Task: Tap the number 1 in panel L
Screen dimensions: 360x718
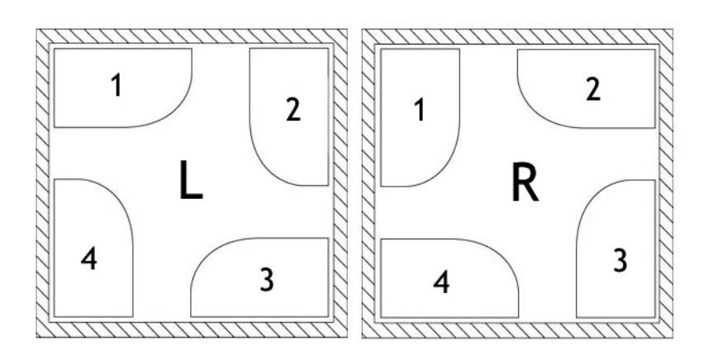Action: [x=116, y=85]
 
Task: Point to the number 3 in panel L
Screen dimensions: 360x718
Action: [x=266, y=280]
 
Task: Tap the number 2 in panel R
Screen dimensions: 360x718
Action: [x=592, y=90]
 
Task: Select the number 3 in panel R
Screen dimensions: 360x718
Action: [x=620, y=260]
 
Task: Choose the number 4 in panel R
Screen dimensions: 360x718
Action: [x=442, y=282]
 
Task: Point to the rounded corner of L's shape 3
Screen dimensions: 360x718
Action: [x=205, y=252]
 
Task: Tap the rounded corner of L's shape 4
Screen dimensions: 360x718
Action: [x=119, y=193]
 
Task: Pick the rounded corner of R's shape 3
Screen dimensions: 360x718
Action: [x=590, y=195]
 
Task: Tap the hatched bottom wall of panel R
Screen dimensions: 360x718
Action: [x=517, y=329]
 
